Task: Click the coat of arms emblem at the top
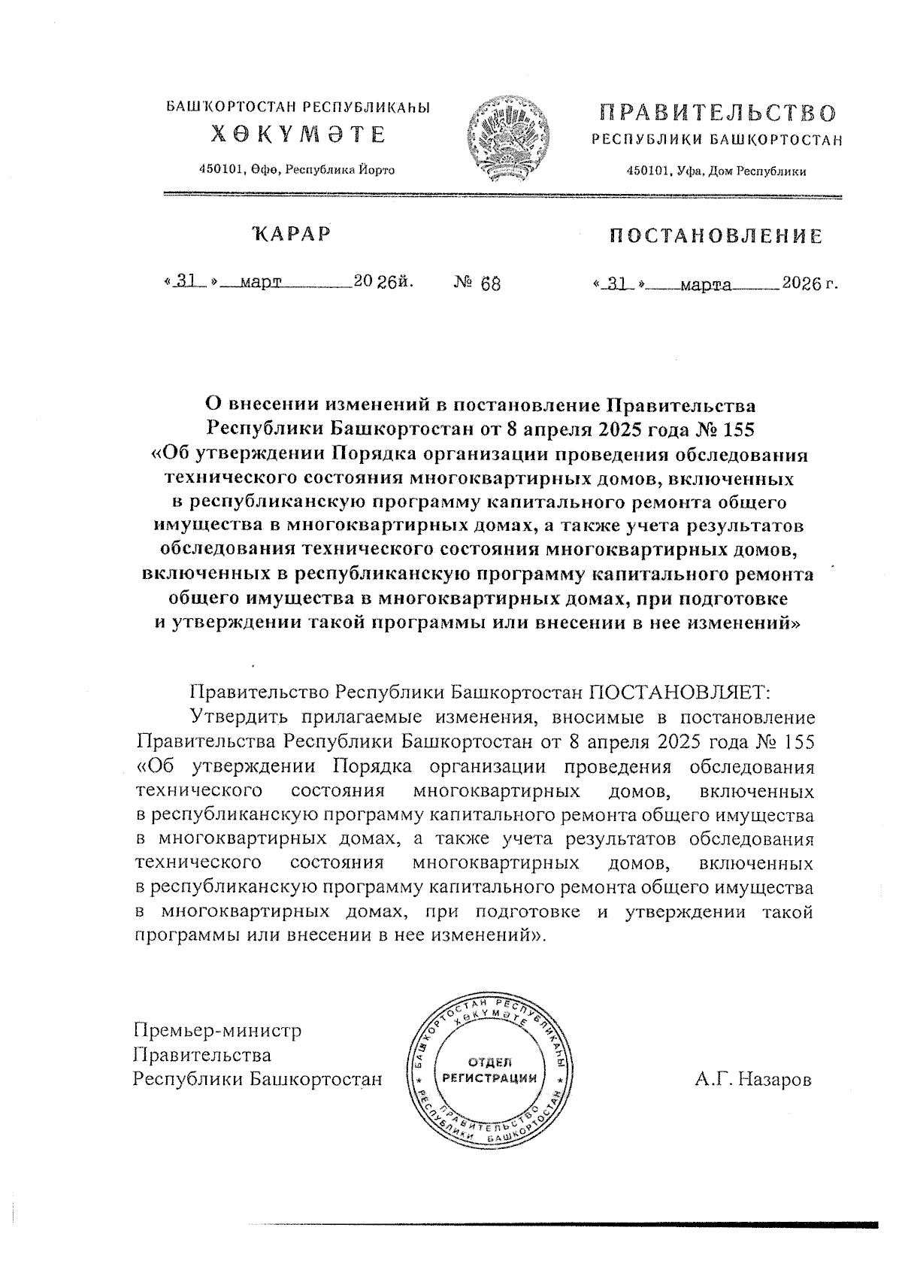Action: pos(507,139)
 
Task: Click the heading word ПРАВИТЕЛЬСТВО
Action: pos(717,114)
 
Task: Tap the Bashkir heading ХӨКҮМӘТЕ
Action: pos(298,135)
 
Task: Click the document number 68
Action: pos(489,283)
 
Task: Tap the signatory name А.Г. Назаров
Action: pos(753,1080)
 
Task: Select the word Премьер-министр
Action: pos(217,1029)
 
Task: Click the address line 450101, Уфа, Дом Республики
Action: pos(716,171)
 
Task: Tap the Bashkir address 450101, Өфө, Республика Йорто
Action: pos(296,170)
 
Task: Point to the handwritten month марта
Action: pos(705,286)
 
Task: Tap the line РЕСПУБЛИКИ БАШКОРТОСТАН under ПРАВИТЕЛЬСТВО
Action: pos(717,140)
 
